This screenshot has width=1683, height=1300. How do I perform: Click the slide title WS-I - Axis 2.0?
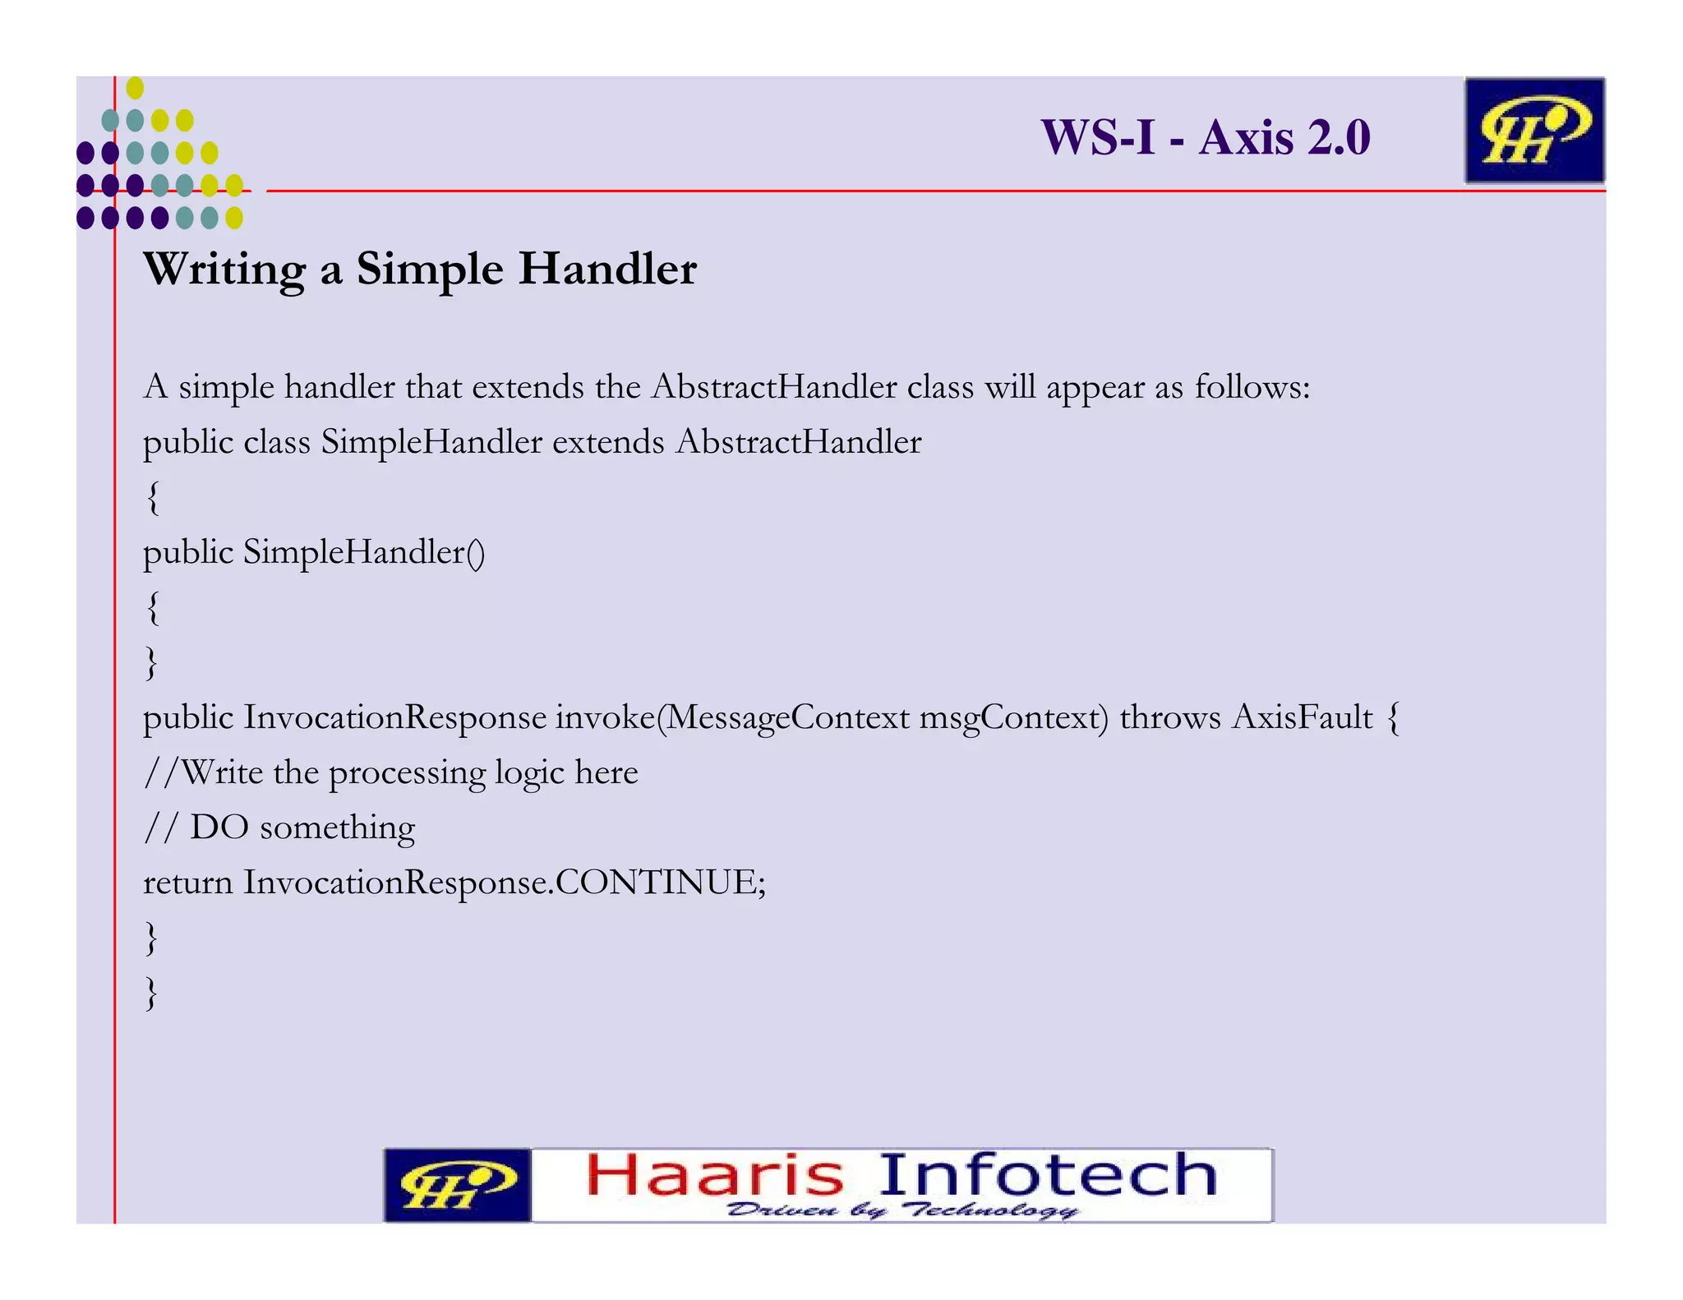[x=1205, y=137]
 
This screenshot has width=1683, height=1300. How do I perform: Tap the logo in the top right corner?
[x=1533, y=130]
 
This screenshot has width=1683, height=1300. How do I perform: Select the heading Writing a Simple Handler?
[x=420, y=269]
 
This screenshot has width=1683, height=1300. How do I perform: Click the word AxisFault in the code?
[x=1303, y=717]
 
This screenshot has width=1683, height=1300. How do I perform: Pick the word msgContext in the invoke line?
[x=1013, y=717]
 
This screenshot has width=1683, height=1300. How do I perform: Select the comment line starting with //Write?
[x=391, y=772]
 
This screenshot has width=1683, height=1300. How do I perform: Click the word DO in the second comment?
[x=219, y=827]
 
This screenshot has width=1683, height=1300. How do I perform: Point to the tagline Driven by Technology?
[x=901, y=1210]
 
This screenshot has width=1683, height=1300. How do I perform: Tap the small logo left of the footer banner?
[x=457, y=1185]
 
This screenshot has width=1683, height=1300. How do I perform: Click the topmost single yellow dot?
[x=136, y=88]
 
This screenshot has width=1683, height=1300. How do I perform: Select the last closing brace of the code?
[x=150, y=993]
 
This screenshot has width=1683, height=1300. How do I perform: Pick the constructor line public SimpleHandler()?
[x=314, y=552]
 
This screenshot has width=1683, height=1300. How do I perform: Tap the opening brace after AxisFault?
[x=1393, y=717]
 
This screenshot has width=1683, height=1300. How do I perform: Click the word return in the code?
[x=188, y=883]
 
